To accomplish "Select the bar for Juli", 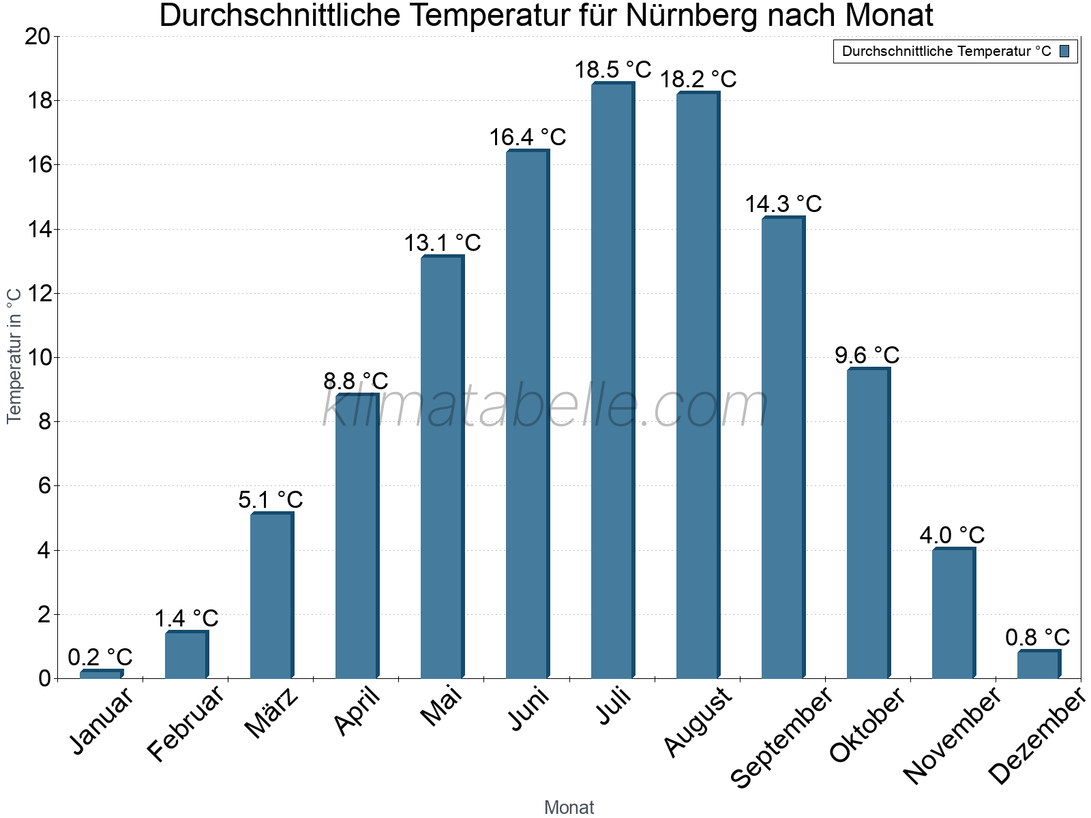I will click(612, 382).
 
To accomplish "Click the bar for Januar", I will click(101, 674).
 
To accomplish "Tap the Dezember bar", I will click(1038, 665).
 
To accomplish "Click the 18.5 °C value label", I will click(612, 70).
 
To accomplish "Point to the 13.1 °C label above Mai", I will click(443, 243).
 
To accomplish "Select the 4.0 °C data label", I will click(952, 535).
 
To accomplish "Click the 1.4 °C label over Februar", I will click(185, 618).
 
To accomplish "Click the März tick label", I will click(271, 713).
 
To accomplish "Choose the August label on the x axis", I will click(698, 722).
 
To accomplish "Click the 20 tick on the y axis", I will click(38, 37).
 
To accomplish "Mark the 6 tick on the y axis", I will click(44, 486).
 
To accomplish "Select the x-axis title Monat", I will click(569, 807).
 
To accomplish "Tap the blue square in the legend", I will click(1064, 51).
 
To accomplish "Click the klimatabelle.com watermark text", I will click(545, 406).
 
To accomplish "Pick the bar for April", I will click(357, 539).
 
